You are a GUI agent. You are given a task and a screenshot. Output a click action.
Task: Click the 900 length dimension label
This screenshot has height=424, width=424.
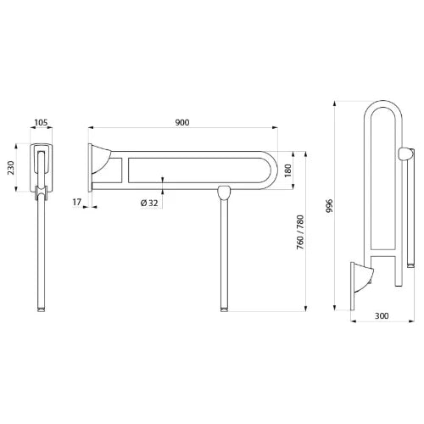(x=182, y=122)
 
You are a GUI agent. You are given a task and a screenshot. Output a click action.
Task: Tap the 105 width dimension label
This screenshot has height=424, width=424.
(x=41, y=123)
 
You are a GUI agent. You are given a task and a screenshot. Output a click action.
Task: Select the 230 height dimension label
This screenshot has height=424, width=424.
(x=11, y=168)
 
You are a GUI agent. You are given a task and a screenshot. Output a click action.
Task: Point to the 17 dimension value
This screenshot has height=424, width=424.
(x=77, y=202)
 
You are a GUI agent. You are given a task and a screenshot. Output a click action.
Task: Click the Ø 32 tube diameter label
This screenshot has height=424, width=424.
(x=149, y=203)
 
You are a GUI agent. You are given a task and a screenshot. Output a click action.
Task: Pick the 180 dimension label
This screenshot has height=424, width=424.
(x=287, y=170)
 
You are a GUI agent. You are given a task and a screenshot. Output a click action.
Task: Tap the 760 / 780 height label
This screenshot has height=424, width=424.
(x=300, y=232)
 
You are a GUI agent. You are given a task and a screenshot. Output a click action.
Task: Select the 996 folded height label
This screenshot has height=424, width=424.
(x=330, y=206)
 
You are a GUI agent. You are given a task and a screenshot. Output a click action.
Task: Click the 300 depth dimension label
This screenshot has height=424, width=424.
(x=382, y=315)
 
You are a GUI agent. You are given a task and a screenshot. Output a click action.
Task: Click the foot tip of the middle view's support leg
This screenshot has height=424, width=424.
(x=225, y=310)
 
